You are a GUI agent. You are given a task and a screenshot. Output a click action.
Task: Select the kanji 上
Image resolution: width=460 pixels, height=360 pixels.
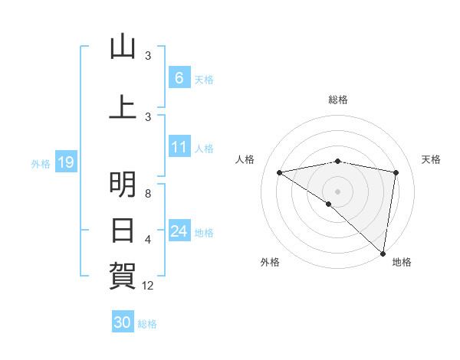[x=123, y=106]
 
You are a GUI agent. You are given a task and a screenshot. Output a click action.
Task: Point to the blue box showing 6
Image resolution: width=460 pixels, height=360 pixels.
[x=179, y=78]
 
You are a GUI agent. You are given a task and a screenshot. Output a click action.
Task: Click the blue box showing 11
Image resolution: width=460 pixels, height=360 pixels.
[x=179, y=148]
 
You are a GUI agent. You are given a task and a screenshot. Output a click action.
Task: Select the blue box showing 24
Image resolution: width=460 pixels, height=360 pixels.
[x=179, y=231]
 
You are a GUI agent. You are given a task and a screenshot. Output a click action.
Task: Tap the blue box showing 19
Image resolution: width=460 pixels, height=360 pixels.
[x=65, y=162]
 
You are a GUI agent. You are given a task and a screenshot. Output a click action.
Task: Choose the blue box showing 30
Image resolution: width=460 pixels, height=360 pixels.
[x=122, y=322]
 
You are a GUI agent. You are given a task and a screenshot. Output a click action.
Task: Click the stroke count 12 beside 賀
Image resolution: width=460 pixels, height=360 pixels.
[x=148, y=286]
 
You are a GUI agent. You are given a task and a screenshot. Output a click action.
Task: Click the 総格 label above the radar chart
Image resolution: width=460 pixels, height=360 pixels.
[x=338, y=100]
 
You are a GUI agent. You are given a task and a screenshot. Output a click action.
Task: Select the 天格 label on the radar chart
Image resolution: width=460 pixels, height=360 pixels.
[x=432, y=159]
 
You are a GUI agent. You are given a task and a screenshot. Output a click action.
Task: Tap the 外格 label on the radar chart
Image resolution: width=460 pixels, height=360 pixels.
[x=270, y=262]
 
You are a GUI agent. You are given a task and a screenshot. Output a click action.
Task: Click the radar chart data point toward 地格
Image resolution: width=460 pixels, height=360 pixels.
[x=383, y=253]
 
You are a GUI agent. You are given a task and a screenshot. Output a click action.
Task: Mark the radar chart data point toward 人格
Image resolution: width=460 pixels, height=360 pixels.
[x=280, y=172]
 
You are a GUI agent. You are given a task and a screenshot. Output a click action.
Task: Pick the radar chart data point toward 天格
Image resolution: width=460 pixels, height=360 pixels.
[x=396, y=172]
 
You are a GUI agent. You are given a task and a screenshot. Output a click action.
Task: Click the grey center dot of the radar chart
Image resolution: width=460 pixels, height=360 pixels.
[x=338, y=191]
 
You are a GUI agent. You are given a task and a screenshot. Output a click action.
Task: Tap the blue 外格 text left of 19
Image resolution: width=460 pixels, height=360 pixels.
[x=40, y=163]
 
